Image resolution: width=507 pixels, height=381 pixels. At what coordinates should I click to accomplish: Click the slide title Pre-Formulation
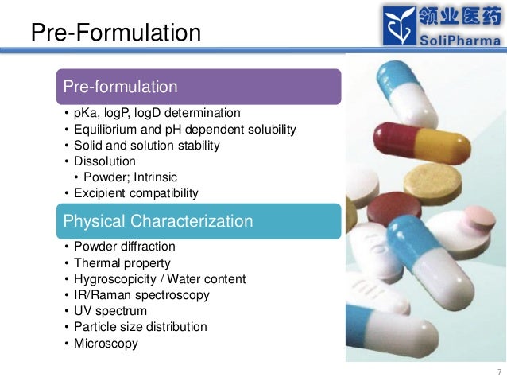pyautogui.click(x=115, y=33)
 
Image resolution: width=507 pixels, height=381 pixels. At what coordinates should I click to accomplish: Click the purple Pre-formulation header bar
pyautogui.click(x=199, y=86)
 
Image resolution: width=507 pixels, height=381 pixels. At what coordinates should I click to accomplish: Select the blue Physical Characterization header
pyautogui.click(x=199, y=221)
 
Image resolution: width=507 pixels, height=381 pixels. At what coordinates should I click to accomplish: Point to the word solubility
pyautogui.click(x=269, y=130)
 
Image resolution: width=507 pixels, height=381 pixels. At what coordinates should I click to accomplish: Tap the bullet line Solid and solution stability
pyautogui.click(x=147, y=146)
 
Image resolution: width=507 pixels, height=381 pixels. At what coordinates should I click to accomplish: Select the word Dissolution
pyautogui.click(x=105, y=161)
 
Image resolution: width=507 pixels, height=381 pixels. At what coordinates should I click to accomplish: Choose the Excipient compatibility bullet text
pyautogui.click(x=136, y=192)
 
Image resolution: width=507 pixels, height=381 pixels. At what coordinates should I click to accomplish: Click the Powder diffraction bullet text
pyautogui.click(x=125, y=247)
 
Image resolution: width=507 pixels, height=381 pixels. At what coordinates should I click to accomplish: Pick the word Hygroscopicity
pyautogui.click(x=115, y=279)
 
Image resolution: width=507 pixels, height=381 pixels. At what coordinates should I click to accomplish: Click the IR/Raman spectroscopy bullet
pyautogui.click(x=141, y=295)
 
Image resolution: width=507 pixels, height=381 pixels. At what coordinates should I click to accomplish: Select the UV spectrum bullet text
pyautogui.click(x=110, y=311)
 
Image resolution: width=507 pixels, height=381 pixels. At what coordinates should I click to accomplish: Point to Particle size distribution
pyautogui.click(x=141, y=327)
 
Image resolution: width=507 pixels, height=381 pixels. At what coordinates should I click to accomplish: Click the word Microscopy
pyautogui.click(x=106, y=344)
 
